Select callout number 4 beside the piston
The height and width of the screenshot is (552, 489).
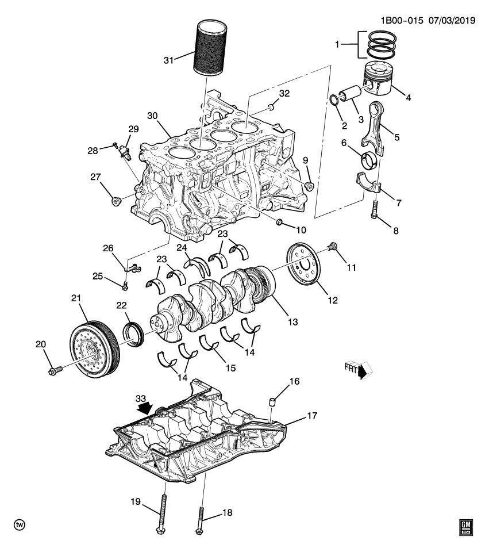tap(408, 97)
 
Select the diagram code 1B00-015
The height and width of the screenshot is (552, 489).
tap(402, 20)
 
